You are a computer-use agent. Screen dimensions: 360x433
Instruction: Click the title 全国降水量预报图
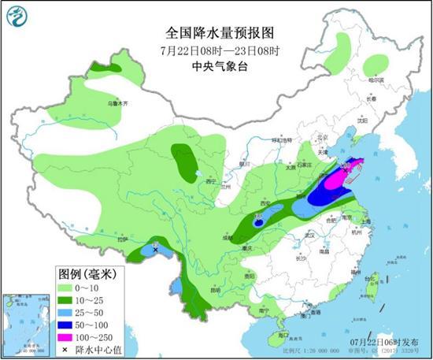220,33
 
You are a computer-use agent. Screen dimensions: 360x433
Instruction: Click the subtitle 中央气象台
220,67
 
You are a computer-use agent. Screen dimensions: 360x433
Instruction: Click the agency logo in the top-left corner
15,14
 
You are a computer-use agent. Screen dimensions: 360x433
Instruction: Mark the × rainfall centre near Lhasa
156,250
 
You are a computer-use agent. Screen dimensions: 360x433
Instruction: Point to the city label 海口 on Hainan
274,335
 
